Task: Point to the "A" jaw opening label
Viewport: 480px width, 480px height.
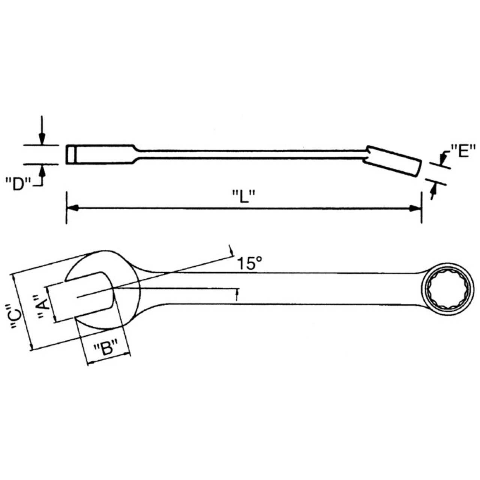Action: point(44,307)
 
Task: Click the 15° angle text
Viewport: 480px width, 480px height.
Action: point(249,264)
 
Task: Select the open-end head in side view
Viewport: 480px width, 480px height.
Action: point(99,154)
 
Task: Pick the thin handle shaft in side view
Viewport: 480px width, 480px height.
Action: point(247,154)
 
